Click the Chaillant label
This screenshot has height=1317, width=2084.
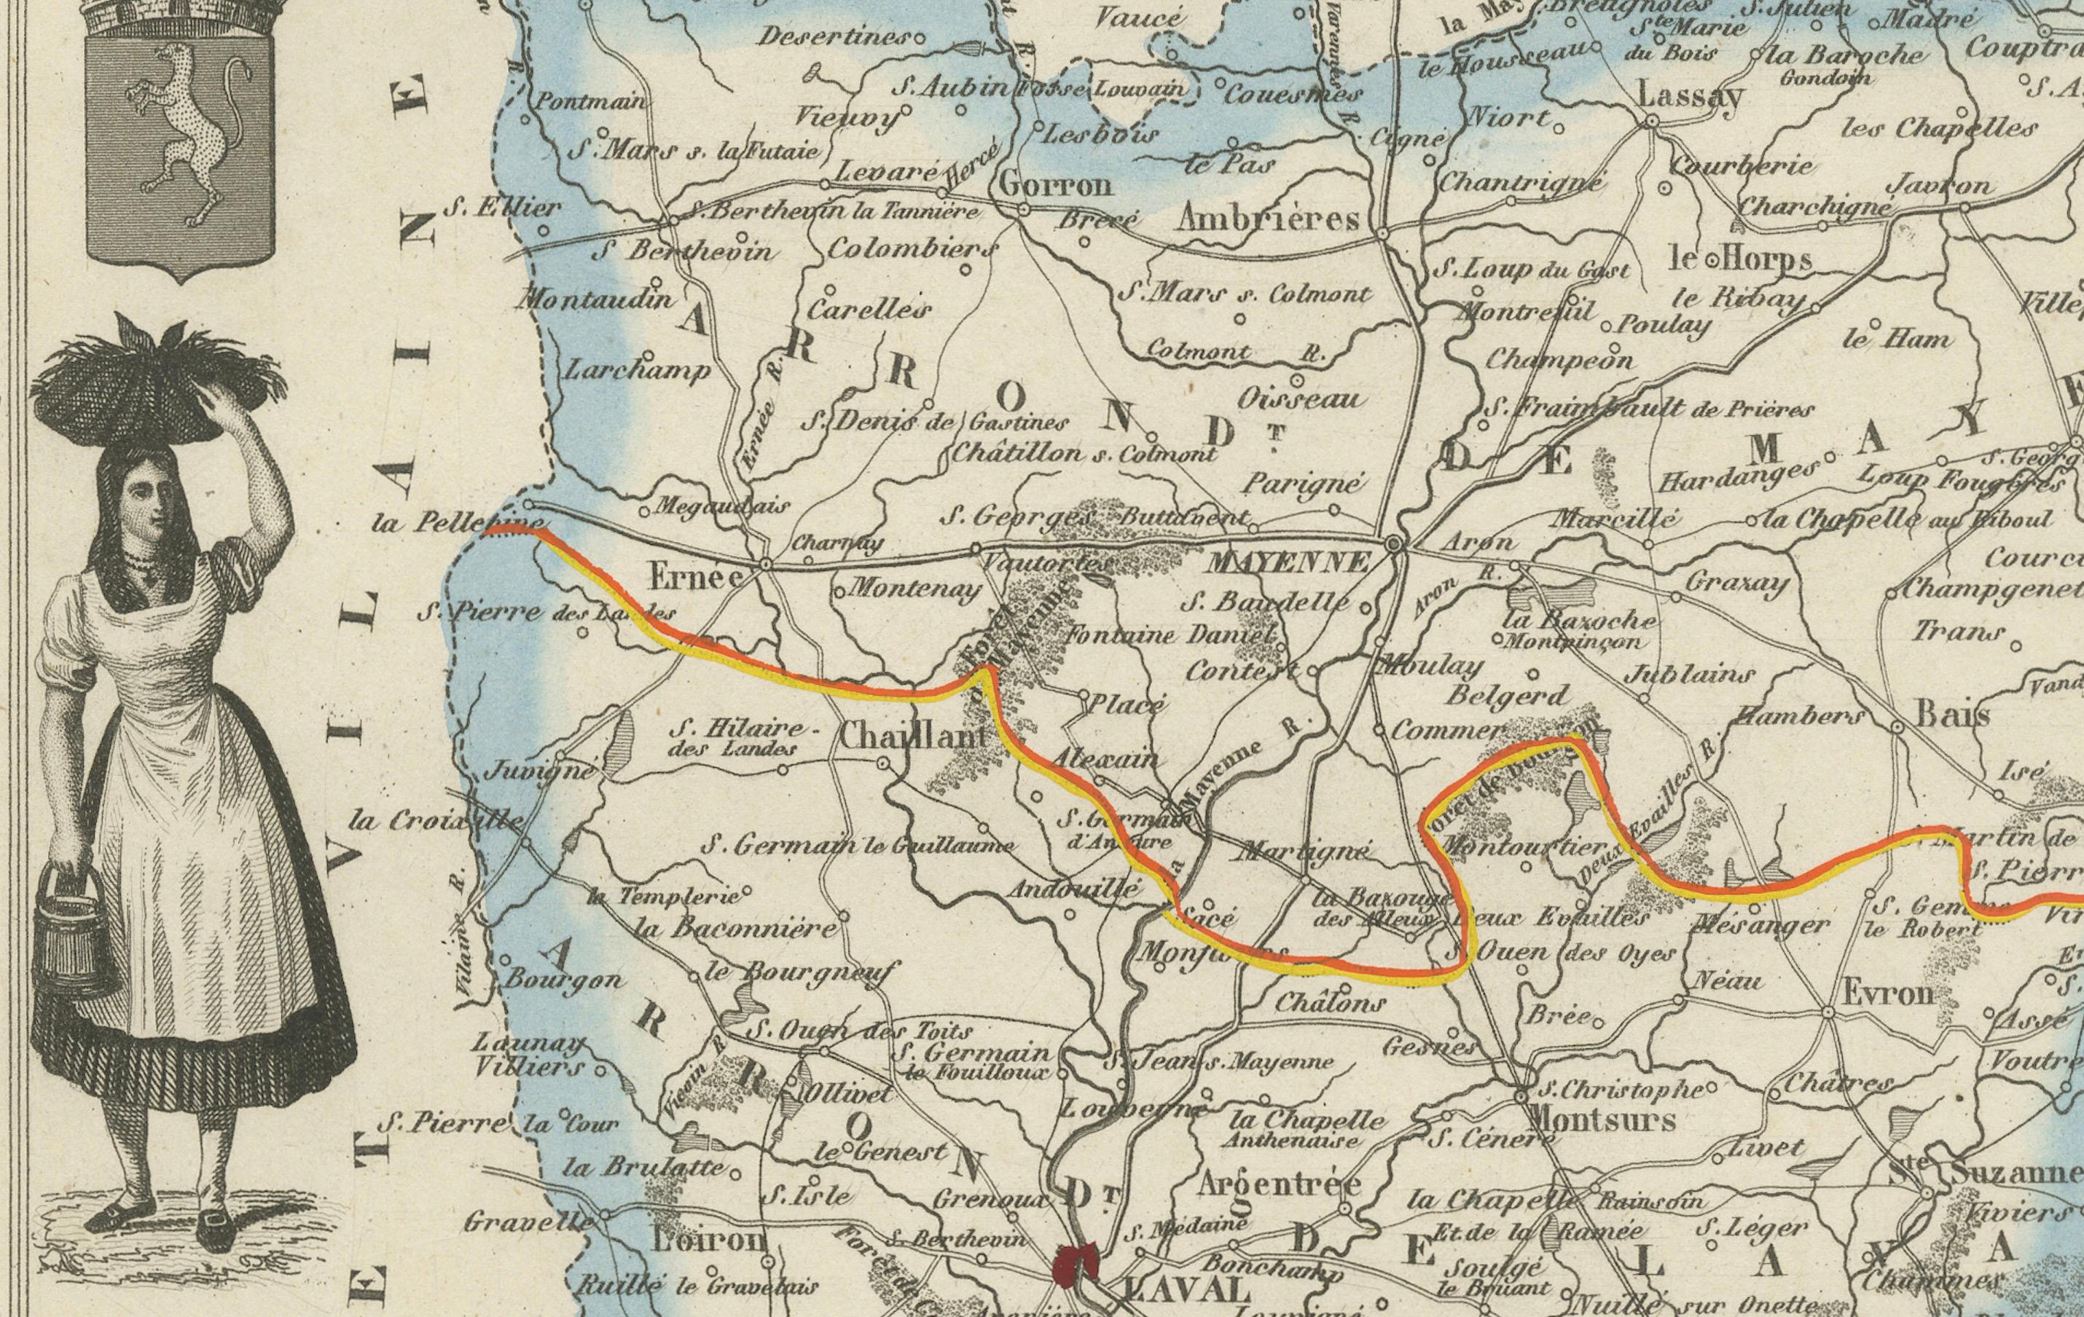point(914,736)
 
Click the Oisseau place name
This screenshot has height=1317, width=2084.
point(1301,398)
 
